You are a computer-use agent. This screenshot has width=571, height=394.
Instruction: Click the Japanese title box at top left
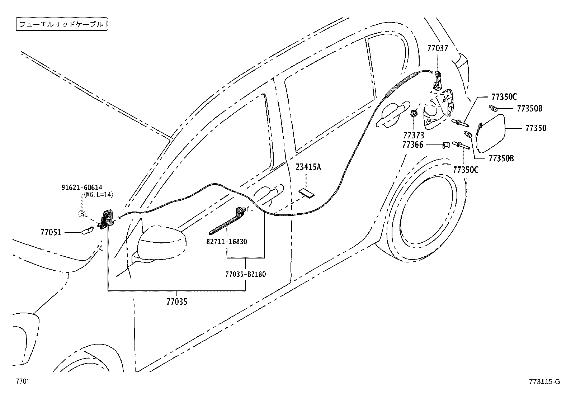coord(61,24)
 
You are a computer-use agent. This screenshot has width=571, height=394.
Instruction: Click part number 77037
coord(438,48)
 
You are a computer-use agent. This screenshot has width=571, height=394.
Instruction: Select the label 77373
coord(413,136)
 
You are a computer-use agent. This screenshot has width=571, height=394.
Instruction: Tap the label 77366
coord(412,145)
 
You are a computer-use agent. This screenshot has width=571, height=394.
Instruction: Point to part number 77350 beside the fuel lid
coord(536,128)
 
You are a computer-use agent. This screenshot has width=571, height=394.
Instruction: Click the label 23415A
coord(308,167)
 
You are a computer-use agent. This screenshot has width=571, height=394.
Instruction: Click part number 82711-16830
coord(227,242)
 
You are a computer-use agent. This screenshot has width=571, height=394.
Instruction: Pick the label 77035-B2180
coord(246,274)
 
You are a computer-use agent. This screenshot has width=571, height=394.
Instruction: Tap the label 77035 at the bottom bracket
coord(176,302)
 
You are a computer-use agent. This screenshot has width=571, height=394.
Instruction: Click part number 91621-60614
coord(81,187)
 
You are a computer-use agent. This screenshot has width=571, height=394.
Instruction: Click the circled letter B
coord(82,214)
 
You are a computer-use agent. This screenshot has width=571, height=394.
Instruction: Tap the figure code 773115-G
coord(544,382)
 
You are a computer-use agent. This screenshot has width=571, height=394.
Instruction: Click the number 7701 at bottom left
coord(22,381)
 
